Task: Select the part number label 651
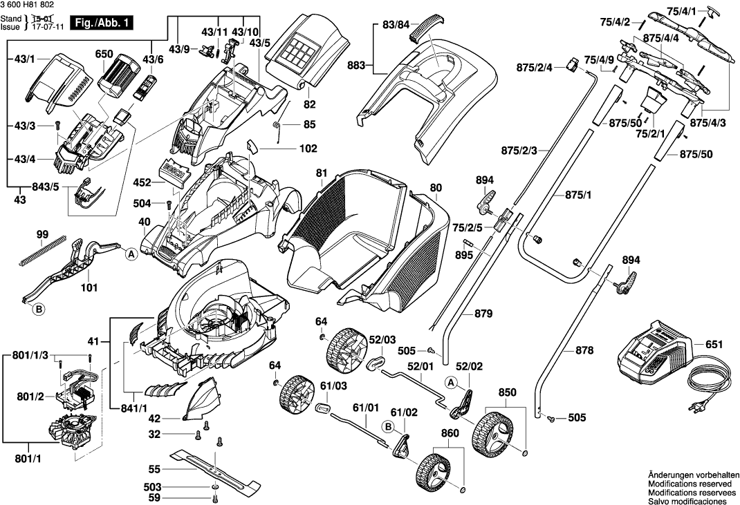(x=716, y=343)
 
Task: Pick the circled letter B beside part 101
(x=39, y=310)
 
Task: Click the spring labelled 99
(x=43, y=253)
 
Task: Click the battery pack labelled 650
(x=113, y=74)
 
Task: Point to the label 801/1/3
(x=30, y=355)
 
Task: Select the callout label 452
(x=142, y=184)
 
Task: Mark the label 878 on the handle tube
(x=584, y=351)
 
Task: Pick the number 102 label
(x=308, y=149)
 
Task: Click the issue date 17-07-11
(x=44, y=27)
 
